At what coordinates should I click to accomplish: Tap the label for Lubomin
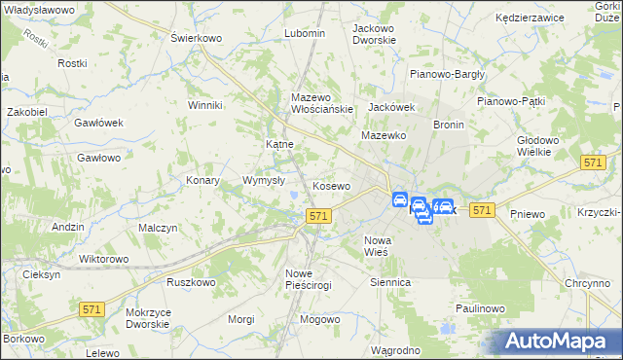pyautogui.click(x=304, y=33)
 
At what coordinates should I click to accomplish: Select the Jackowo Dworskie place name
pyautogui.click(x=374, y=35)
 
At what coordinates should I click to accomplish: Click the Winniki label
pyautogui.click(x=206, y=105)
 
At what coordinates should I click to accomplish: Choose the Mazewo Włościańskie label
pyautogui.click(x=321, y=103)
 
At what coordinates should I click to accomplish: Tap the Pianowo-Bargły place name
pyautogui.click(x=447, y=73)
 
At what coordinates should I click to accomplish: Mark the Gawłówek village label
pyautogui.click(x=98, y=123)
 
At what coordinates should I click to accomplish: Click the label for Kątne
pyautogui.click(x=280, y=144)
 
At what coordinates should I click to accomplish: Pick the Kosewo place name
pyautogui.click(x=331, y=186)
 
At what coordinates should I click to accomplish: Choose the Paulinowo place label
pyautogui.click(x=478, y=308)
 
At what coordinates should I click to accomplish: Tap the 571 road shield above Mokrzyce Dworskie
pyautogui.click(x=92, y=308)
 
